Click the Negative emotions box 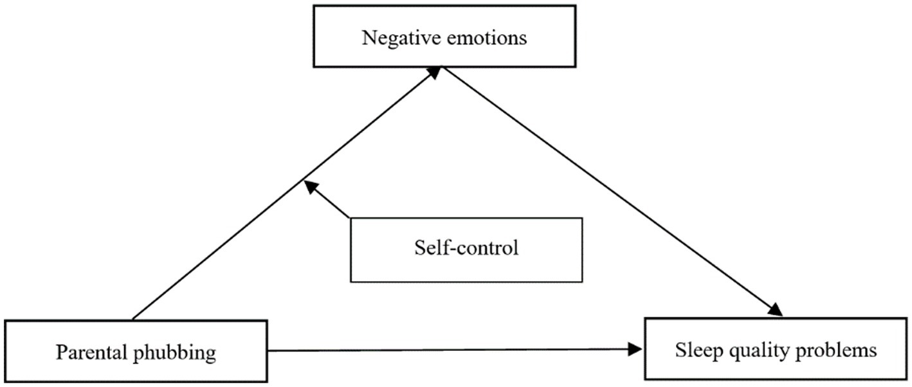[444, 37]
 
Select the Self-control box [466, 249]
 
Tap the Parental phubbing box [136, 352]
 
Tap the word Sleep [697, 350]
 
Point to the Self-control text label [466, 248]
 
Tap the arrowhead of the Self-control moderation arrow [311, 186]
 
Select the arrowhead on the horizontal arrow [635, 349]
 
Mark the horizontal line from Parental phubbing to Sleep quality [450, 350]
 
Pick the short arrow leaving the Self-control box [329, 202]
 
